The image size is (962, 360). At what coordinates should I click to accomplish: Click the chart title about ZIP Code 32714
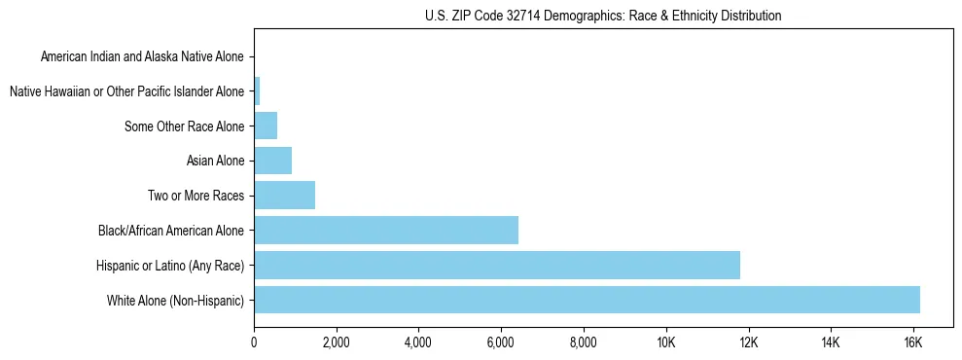coord(603,16)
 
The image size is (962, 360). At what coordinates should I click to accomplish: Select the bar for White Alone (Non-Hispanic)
coord(587,300)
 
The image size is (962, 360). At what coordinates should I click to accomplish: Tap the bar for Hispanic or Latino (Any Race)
coord(497,265)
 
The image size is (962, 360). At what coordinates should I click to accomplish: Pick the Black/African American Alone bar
coord(386,230)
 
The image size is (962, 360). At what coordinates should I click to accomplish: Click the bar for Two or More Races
coord(284,195)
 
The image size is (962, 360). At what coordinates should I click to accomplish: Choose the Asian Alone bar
coord(272,160)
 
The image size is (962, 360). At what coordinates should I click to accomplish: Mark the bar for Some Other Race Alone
coord(266,126)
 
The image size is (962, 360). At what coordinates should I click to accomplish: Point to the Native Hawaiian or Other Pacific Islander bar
coord(257,91)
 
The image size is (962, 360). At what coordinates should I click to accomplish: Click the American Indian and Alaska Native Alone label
coord(142,56)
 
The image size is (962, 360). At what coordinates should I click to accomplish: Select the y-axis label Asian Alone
coord(215,161)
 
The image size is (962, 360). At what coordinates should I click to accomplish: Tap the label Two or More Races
coord(196,196)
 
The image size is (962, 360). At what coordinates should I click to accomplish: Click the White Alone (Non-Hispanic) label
coord(176,301)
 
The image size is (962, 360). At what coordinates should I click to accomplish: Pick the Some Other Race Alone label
coord(185,126)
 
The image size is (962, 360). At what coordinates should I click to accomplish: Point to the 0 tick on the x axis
coord(254,342)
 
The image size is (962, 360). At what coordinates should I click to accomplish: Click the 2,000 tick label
coord(336,342)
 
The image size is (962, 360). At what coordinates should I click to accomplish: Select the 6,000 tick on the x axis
coord(501,342)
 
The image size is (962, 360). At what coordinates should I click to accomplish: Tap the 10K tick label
coord(665,342)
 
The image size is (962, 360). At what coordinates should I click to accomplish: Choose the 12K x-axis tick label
coord(748,342)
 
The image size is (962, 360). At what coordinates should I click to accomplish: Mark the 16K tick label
coord(912,342)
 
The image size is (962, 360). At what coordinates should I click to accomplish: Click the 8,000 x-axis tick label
coord(584,342)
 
